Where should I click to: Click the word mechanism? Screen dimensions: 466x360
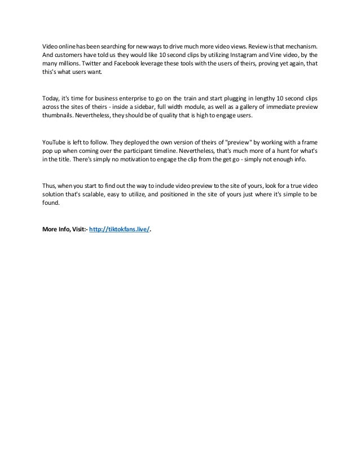[x=300, y=45]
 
